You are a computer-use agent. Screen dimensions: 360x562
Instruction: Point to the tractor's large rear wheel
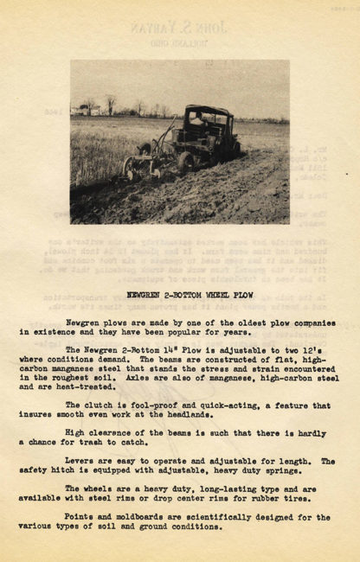coord(185,162)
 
